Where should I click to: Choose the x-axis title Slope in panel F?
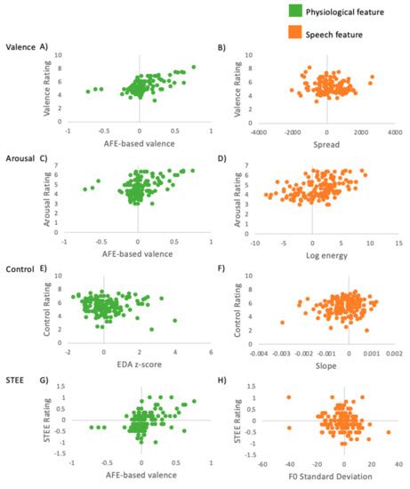[x=326, y=366]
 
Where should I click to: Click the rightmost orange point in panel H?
[x=389, y=432]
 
